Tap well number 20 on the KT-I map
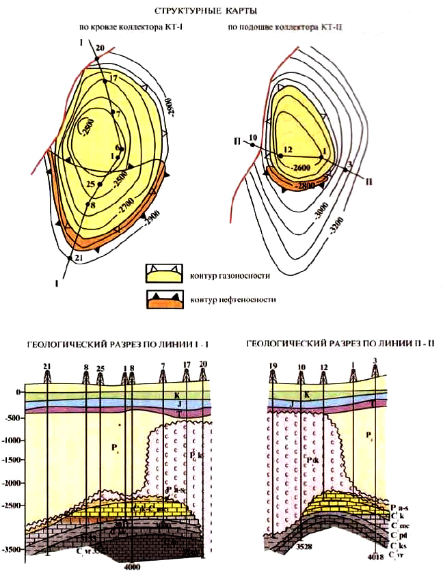point(100,48)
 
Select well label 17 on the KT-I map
point(113,79)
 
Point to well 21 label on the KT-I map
point(78,258)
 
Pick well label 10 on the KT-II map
point(252,137)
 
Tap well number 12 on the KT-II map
point(287,149)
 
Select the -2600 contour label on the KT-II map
point(301,166)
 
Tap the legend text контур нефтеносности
point(228,300)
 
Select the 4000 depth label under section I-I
point(131,566)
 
